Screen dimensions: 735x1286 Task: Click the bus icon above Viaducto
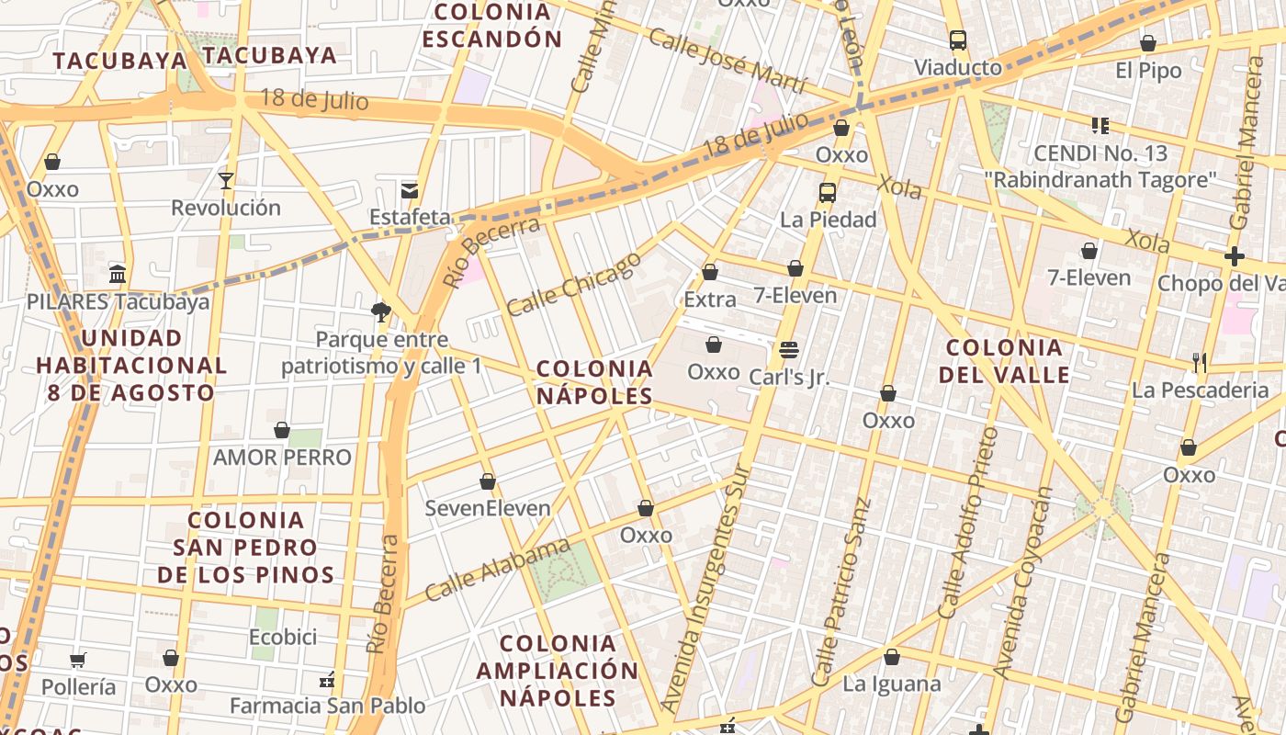click(x=958, y=40)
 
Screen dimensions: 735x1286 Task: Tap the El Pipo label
click(x=1148, y=70)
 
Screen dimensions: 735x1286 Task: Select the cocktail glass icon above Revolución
click(x=225, y=180)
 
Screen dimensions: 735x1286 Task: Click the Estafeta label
click(x=411, y=218)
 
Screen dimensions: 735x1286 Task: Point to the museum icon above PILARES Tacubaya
click(x=118, y=274)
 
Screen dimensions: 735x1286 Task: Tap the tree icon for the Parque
click(x=381, y=312)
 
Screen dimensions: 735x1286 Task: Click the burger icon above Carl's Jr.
click(x=788, y=350)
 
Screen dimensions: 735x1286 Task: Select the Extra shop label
click(x=710, y=300)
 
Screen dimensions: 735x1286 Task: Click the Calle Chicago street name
click(x=573, y=284)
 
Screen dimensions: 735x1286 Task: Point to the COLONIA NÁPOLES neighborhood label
click(x=594, y=382)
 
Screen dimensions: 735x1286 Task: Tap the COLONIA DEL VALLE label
click(x=1004, y=361)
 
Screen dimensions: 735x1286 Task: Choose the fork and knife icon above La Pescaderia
click(x=1199, y=363)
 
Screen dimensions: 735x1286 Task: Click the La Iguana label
click(x=892, y=684)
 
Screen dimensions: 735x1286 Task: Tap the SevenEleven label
click(x=488, y=508)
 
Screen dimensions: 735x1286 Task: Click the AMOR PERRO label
click(x=282, y=457)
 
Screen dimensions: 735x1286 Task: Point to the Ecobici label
click(x=283, y=637)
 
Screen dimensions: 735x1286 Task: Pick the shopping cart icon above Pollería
click(x=78, y=660)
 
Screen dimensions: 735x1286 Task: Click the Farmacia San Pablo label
click(x=327, y=706)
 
